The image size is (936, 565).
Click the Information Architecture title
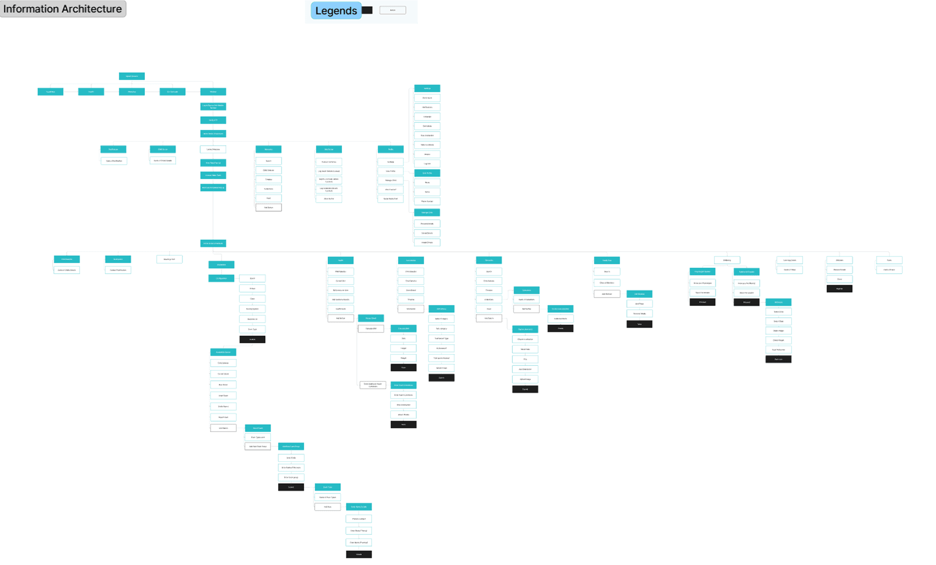(x=63, y=9)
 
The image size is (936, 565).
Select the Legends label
(x=336, y=10)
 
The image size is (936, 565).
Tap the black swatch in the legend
(x=367, y=10)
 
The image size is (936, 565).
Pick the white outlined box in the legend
(x=392, y=10)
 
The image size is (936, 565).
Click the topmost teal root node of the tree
(x=132, y=76)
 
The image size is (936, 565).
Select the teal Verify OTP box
(x=213, y=120)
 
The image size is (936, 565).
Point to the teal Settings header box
(x=427, y=89)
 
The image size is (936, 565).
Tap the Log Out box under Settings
(x=427, y=164)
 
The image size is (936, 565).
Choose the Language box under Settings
(x=427, y=117)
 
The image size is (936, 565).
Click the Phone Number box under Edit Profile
(x=427, y=201)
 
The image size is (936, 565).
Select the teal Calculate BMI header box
(x=403, y=328)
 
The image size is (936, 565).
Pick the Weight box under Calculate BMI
(x=403, y=358)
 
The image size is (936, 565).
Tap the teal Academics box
(x=221, y=265)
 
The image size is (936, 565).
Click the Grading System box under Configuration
(x=252, y=309)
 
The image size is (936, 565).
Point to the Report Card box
(x=223, y=417)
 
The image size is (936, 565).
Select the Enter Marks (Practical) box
(x=359, y=543)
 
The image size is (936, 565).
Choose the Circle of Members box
(x=607, y=282)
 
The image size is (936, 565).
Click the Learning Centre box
(x=790, y=260)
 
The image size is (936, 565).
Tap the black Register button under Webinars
(x=839, y=289)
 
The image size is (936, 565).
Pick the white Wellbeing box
(x=727, y=260)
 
